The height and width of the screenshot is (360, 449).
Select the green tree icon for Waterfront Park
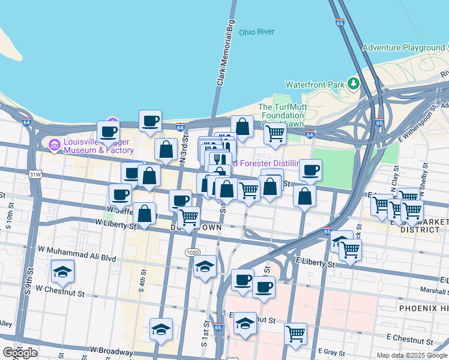[x=354, y=83]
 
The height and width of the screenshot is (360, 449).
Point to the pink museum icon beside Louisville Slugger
[x=55, y=144]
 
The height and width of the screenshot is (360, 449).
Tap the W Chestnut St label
[x=60, y=289]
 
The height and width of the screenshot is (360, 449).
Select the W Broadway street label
[x=112, y=350]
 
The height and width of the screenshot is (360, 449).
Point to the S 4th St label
[x=142, y=281]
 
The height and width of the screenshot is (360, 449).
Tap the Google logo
[x=20, y=352]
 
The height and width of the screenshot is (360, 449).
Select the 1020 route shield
[x=192, y=253]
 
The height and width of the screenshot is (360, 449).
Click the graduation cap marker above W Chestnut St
[x=63, y=272]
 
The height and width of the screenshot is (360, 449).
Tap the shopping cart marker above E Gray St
[x=295, y=334]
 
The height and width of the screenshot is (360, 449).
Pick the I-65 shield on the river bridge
[x=340, y=23]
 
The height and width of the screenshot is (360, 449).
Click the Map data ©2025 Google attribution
[x=411, y=355]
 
